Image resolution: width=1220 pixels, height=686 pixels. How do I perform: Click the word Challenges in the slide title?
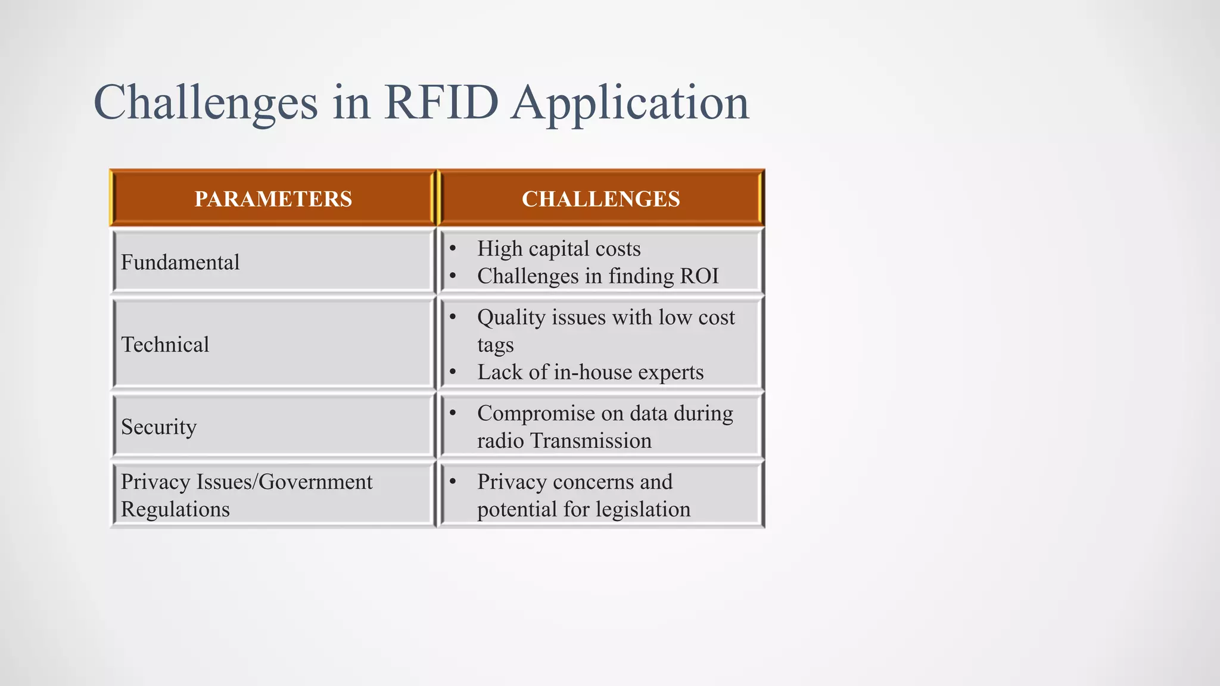tap(206, 103)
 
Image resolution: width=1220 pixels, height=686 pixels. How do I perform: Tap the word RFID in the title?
tap(441, 103)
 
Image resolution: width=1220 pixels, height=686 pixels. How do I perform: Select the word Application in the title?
tap(630, 103)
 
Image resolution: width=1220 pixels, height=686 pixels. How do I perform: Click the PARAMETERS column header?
tap(273, 199)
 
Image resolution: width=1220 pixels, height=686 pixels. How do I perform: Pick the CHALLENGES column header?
tap(600, 199)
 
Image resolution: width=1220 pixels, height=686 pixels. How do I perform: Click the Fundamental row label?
tap(180, 263)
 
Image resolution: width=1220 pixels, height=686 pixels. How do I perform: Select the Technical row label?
tap(165, 345)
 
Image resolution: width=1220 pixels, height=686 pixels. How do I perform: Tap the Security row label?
tap(158, 427)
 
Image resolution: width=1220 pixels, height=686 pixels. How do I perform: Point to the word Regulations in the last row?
tap(175, 510)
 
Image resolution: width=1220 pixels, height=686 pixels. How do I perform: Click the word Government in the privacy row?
tap(316, 482)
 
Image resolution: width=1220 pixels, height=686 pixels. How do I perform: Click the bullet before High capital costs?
tap(453, 248)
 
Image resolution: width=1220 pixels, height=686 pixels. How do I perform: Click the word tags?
tap(495, 345)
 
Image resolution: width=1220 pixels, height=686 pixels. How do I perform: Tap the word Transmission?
tap(590, 441)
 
